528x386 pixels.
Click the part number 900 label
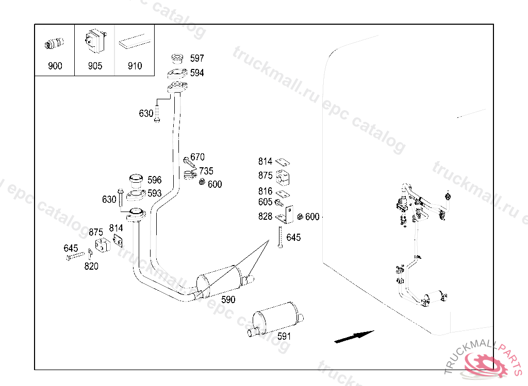pyautogui.click(x=55, y=66)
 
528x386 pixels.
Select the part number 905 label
pyautogui.click(x=95, y=66)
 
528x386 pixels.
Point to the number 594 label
pyautogui.click(x=197, y=73)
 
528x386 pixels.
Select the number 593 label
pyautogui.click(x=155, y=194)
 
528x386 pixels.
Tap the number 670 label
pyautogui.click(x=197, y=157)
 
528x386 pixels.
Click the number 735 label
pyautogui.click(x=206, y=171)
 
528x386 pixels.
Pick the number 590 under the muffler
pyautogui.click(x=228, y=300)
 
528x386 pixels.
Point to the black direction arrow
pyautogui.click(x=354, y=337)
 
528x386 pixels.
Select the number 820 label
pyautogui.click(x=92, y=266)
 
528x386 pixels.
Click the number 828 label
pyautogui.click(x=266, y=217)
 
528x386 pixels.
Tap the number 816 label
pyautogui.click(x=266, y=191)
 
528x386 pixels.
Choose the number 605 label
pyautogui.click(x=266, y=202)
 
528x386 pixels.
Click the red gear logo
pyautogui.click(x=487, y=364)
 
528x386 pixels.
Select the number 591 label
pyautogui.click(x=284, y=336)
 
